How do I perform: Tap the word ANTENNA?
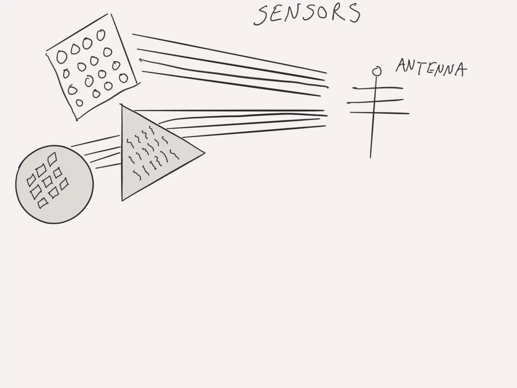(431, 68)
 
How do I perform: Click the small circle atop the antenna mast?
(377, 71)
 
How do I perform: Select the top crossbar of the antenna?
(378, 88)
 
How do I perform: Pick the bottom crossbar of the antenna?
(379, 113)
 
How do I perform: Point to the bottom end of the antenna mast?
(370, 157)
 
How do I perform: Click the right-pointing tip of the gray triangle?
(204, 153)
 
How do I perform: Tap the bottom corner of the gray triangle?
(122, 200)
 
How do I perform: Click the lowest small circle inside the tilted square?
(80, 103)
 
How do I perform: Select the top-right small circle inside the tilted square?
(101, 35)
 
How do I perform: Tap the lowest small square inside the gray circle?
(43, 203)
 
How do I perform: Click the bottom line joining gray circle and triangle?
(108, 166)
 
